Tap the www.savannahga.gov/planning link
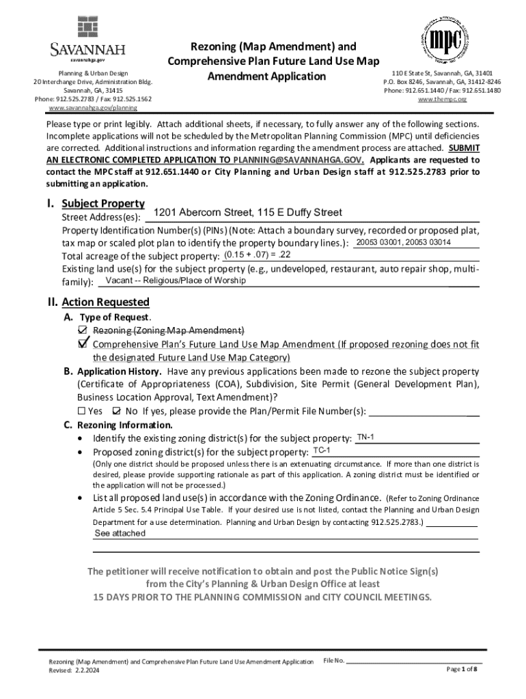[x=92, y=108]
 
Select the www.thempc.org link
[x=441, y=99]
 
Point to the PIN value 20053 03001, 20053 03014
[x=403, y=243]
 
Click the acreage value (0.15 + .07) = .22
[x=257, y=255]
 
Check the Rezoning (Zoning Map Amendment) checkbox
[x=83, y=330]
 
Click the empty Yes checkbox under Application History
[x=81, y=411]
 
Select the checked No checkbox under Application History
[x=115, y=411]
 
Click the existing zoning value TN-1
[x=365, y=437]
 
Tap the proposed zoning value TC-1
[x=322, y=451]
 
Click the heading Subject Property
[x=102, y=203]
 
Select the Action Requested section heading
[x=105, y=302]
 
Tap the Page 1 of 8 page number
[x=462, y=670]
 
